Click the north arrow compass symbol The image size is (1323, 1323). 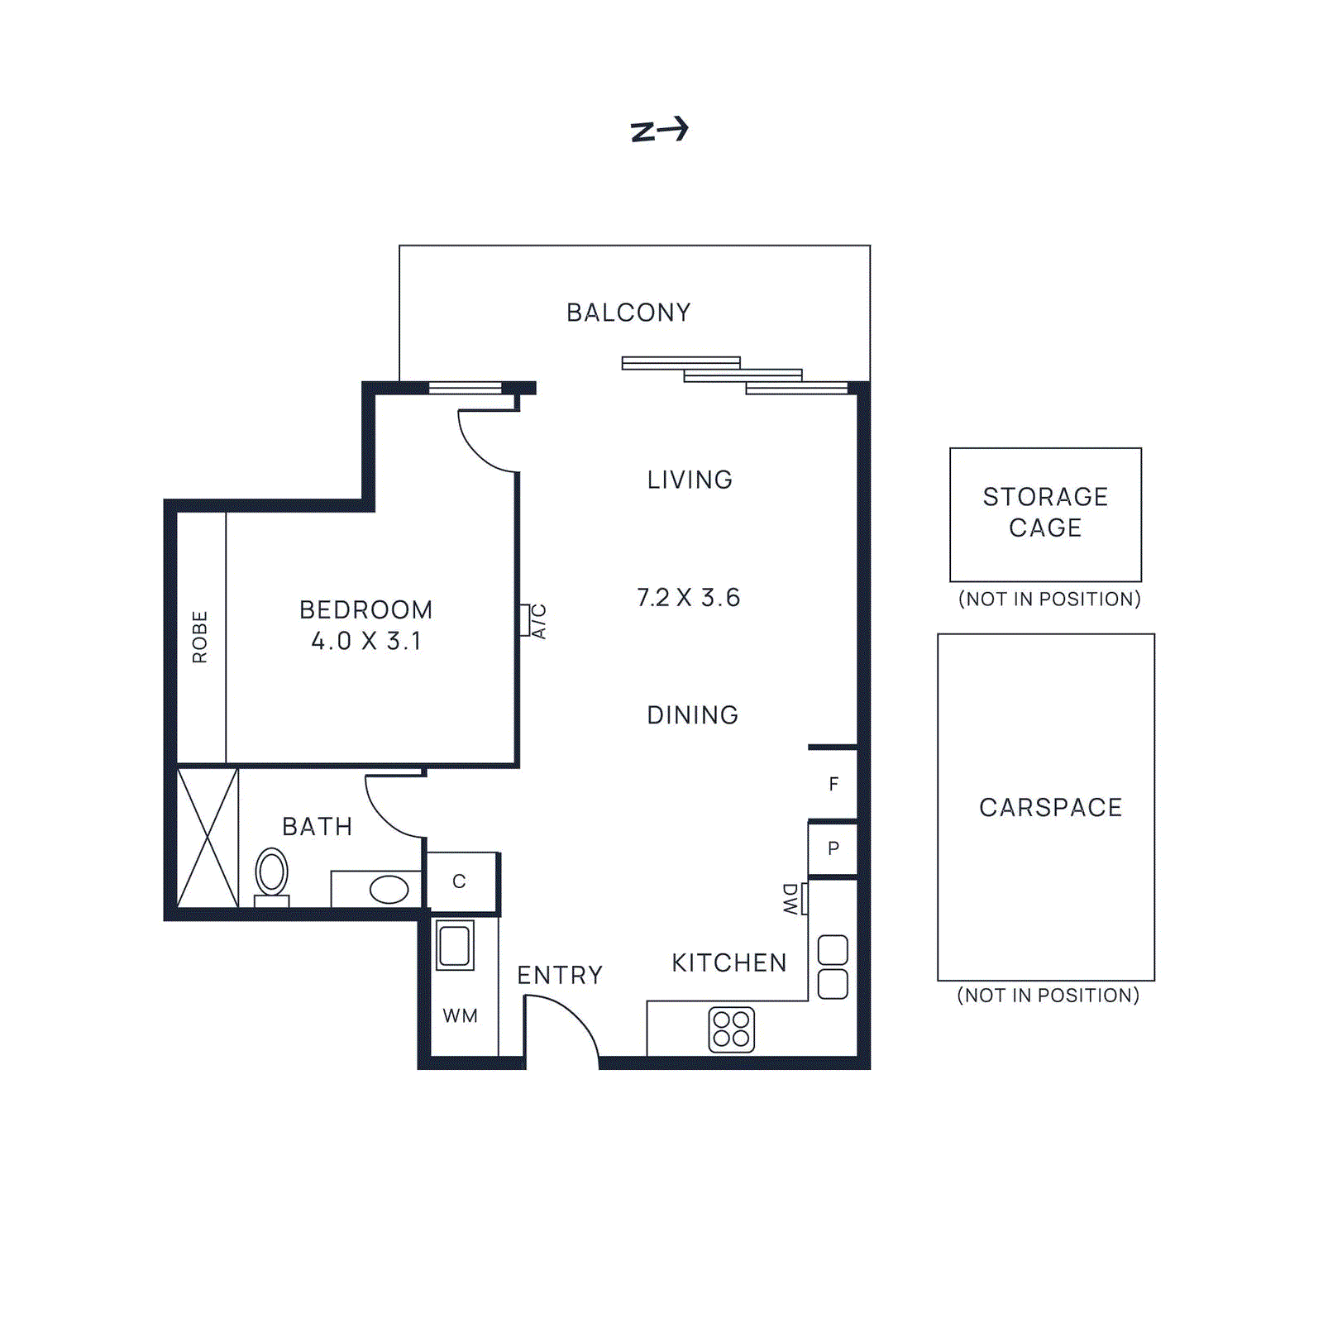click(659, 130)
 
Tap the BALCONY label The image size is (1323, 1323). click(628, 313)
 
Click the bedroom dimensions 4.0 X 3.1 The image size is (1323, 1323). click(366, 641)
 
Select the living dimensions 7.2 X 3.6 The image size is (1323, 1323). click(688, 597)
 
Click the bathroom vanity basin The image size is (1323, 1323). click(389, 890)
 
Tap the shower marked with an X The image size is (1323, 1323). click(208, 837)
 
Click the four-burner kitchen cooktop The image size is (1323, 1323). click(732, 1029)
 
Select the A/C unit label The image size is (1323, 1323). click(538, 621)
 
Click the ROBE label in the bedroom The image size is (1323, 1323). click(199, 637)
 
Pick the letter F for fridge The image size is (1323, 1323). click(833, 784)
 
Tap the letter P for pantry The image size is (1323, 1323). click(833, 848)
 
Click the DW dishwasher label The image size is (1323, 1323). click(790, 899)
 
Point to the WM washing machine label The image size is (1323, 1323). click(460, 1015)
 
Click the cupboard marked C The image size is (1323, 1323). click(460, 881)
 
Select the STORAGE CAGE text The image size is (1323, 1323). click(1045, 512)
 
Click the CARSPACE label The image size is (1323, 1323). click(1050, 807)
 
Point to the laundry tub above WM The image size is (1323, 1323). click(455, 945)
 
